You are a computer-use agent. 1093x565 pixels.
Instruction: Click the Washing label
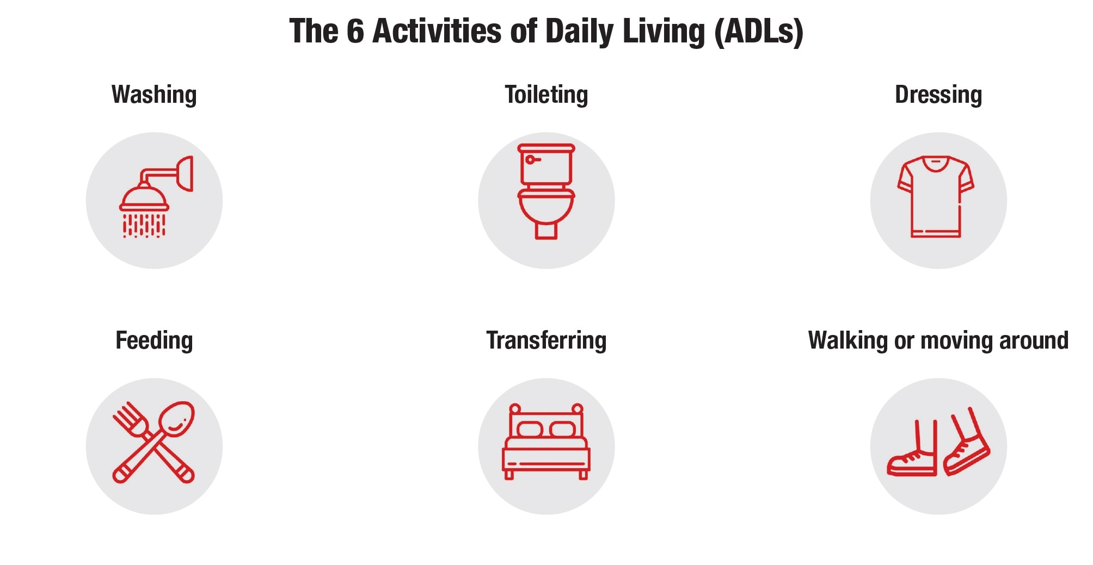(154, 95)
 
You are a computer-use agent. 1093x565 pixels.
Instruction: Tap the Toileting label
(546, 95)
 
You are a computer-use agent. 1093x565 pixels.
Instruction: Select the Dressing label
(938, 95)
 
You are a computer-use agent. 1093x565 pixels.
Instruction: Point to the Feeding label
(154, 340)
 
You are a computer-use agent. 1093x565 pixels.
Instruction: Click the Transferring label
(546, 340)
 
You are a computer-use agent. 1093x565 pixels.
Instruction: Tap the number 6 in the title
(355, 31)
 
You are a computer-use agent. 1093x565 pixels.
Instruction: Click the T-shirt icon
(936, 197)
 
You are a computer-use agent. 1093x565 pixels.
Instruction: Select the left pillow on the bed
(530, 429)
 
